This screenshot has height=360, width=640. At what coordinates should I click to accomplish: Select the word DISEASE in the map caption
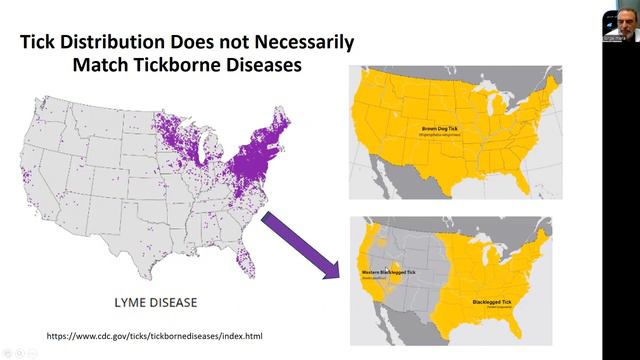click(x=175, y=300)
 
